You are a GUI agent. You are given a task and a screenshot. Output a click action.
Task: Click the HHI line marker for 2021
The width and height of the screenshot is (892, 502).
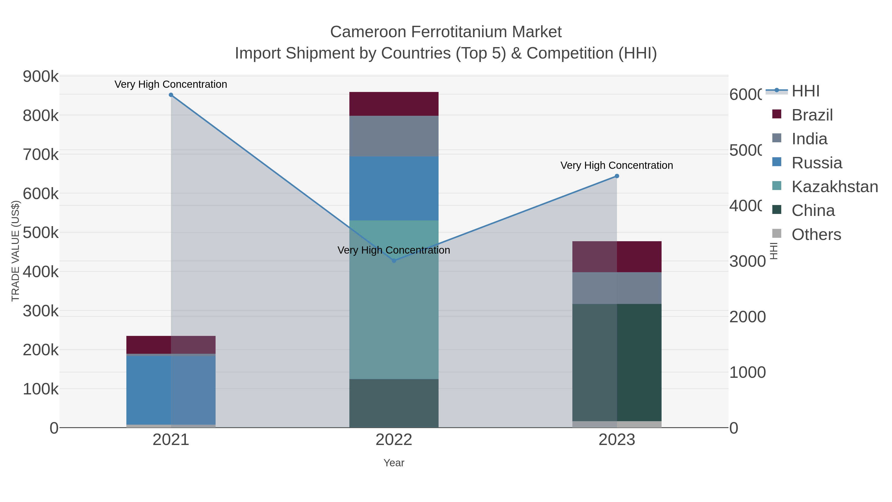(171, 95)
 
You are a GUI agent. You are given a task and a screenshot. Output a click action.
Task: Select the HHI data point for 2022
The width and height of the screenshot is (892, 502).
(394, 261)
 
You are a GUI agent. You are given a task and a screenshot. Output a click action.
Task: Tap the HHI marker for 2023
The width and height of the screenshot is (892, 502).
(617, 176)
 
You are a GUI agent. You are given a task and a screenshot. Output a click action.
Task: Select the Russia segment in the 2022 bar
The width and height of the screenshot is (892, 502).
(394, 188)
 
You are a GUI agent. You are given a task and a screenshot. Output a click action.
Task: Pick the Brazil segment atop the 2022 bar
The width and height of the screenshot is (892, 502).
(394, 104)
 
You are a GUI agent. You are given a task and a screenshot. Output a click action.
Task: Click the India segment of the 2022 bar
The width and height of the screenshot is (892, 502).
(394, 136)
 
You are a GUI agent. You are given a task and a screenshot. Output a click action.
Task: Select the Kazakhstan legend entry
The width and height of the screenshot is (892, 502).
(835, 187)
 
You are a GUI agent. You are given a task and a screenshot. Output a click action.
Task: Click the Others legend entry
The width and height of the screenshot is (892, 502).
(816, 235)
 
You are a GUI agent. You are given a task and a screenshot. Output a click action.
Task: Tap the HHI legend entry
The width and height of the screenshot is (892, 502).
(806, 91)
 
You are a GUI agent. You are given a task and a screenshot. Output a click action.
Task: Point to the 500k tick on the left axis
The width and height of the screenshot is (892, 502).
(41, 233)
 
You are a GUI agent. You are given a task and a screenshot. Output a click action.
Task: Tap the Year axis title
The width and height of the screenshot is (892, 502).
(394, 463)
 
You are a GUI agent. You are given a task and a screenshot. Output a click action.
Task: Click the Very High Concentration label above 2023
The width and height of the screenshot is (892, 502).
(616, 165)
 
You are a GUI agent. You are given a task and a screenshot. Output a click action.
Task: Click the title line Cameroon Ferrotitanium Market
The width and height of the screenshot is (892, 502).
(446, 32)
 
